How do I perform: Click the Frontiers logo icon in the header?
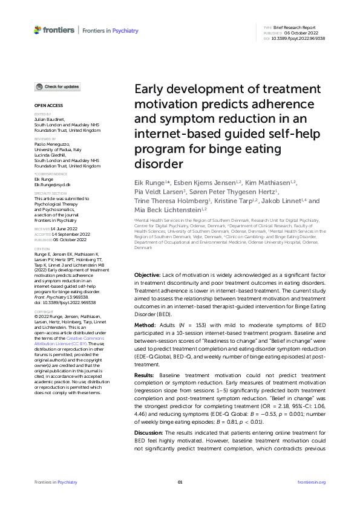click(x=38, y=30)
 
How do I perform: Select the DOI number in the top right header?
click(x=299, y=38)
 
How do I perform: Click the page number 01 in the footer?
click(x=180, y=482)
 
